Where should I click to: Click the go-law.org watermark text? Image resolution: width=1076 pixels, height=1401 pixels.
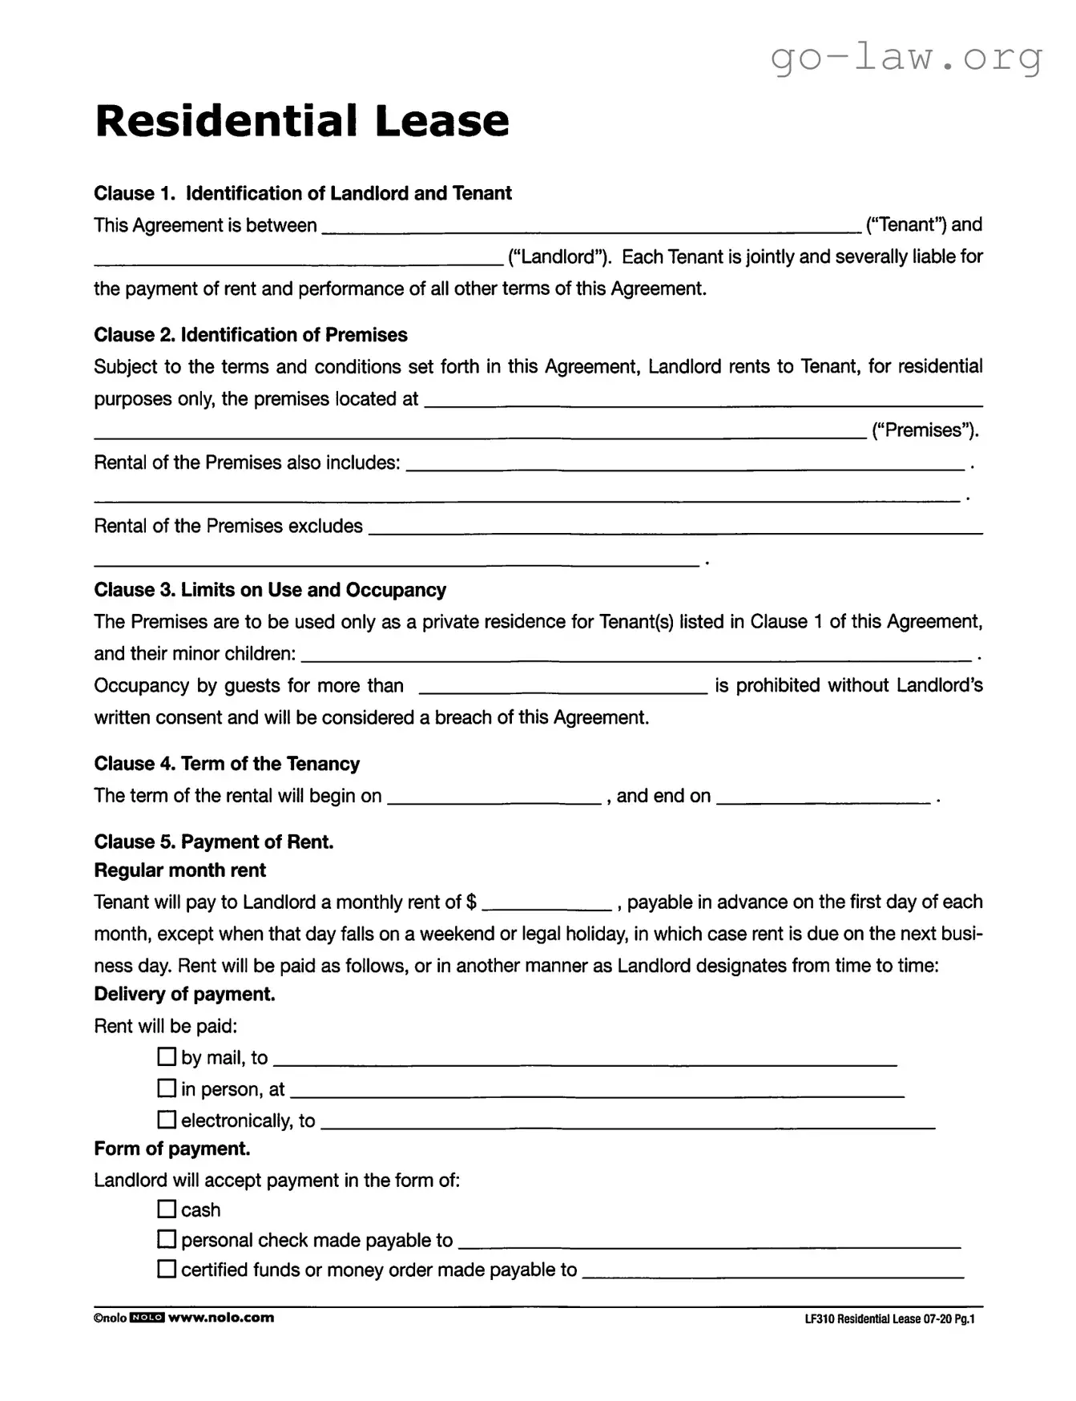point(906,57)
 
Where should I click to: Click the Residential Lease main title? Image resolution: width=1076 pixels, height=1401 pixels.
point(301,121)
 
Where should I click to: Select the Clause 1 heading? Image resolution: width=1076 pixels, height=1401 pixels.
point(302,193)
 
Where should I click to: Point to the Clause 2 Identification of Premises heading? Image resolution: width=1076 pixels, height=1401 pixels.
point(250,335)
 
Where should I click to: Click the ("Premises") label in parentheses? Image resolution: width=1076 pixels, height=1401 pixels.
point(925,430)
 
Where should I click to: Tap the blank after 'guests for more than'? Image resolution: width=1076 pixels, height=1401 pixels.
point(563,688)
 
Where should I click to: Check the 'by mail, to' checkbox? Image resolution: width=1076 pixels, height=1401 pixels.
point(167,1057)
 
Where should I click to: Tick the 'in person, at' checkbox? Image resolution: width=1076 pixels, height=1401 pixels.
point(167,1088)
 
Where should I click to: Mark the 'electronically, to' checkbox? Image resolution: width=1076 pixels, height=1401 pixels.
point(167,1119)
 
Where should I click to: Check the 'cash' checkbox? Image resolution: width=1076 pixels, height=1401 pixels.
point(167,1209)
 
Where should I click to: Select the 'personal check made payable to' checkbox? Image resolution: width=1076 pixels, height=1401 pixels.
point(167,1239)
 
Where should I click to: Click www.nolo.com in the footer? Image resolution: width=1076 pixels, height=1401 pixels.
point(220,1318)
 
